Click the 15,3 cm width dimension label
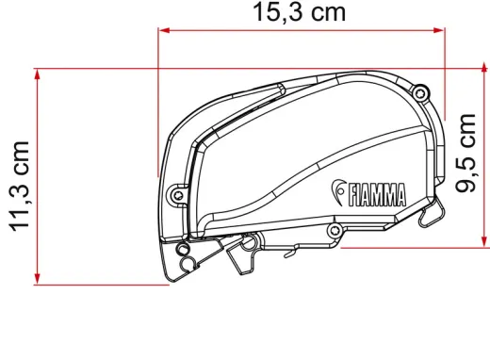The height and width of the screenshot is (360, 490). tap(299, 12)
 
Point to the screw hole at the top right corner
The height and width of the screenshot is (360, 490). tap(419, 92)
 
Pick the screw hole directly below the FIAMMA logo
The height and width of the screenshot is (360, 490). tap(333, 230)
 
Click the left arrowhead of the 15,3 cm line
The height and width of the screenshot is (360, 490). tap(163, 31)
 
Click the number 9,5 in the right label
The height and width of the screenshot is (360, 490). tap(466, 173)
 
